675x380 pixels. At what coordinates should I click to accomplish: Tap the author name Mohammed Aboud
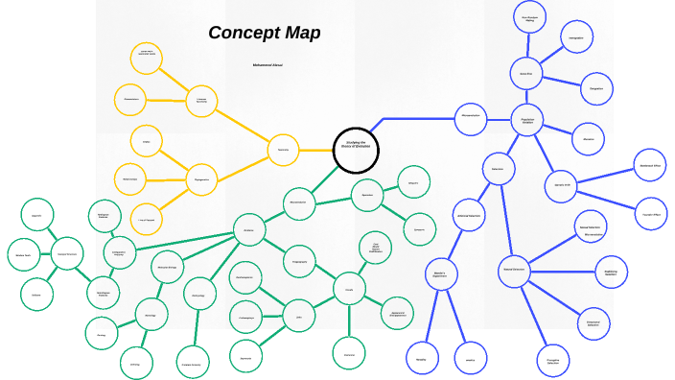tap(268, 65)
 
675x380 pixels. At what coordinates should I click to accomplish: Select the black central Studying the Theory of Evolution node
tap(357, 150)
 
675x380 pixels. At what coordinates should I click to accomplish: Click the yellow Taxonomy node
tap(283, 150)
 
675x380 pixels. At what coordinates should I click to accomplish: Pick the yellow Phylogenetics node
tap(201, 178)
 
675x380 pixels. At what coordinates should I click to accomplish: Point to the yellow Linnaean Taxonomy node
tap(201, 100)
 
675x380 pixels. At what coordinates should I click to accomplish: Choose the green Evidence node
tap(249, 230)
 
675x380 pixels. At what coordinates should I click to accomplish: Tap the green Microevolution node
tap(299, 202)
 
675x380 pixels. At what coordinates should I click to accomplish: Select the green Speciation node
tap(367, 195)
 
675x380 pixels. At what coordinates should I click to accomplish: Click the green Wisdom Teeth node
tap(23, 255)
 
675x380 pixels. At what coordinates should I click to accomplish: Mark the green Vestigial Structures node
tap(67, 254)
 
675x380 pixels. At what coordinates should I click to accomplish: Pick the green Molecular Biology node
tap(168, 267)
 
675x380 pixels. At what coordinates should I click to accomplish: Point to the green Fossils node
tap(349, 289)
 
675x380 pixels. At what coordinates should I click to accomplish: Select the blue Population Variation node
tap(527, 121)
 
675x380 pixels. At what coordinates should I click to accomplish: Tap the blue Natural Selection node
tap(515, 271)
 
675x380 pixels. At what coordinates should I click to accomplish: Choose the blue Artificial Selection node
tap(469, 215)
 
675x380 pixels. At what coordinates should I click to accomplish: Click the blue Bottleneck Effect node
tap(650, 164)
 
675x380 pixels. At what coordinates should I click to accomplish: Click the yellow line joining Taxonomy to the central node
tap(315, 150)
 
